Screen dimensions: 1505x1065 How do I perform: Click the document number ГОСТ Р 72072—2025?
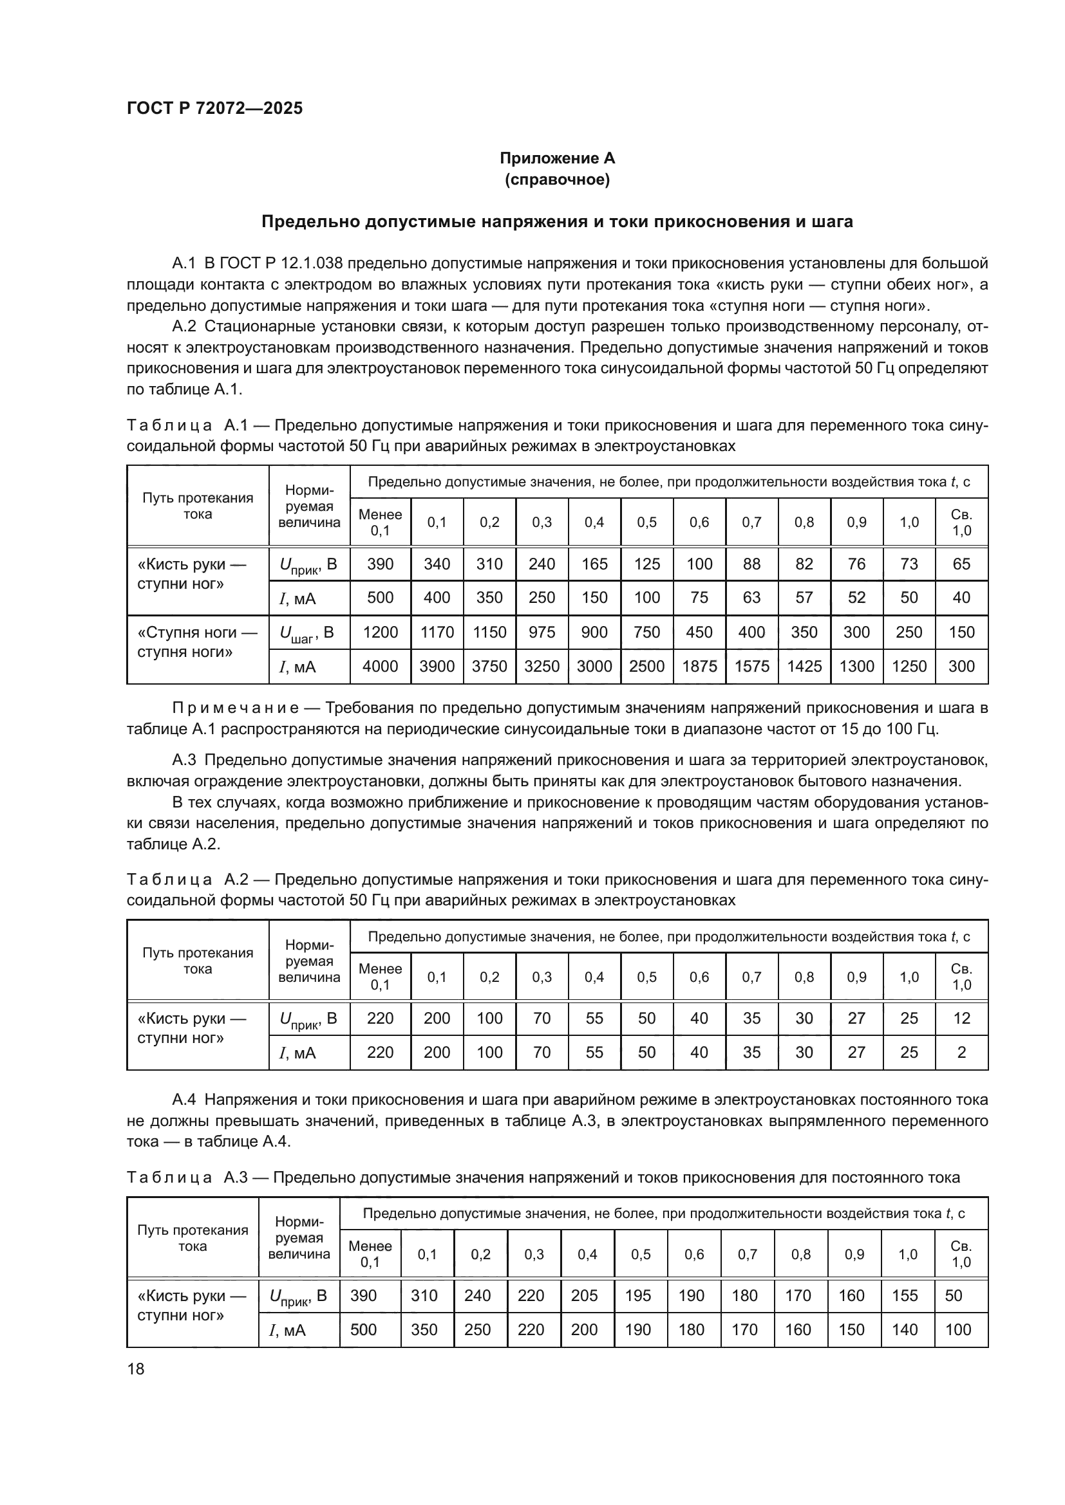pyautogui.click(x=214, y=108)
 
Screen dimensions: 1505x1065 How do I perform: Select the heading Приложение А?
pyautogui.click(x=557, y=158)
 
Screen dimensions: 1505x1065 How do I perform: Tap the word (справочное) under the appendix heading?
pyautogui.click(x=557, y=180)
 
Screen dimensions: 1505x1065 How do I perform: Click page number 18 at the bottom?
pyautogui.click(x=135, y=1369)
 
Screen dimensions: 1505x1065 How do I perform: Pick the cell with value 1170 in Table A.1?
pyautogui.click(x=437, y=632)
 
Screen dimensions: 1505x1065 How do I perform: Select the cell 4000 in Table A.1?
pyautogui.click(x=380, y=666)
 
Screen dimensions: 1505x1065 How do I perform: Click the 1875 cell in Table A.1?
pyautogui.click(x=699, y=666)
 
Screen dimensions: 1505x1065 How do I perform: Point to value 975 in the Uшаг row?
pyautogui.click(x=542, y=632)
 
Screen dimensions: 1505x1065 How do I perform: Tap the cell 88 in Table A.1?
pyautogui.click(x=751, y=564)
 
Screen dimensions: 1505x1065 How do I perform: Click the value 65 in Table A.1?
pyautogui.click(x=961, y=564)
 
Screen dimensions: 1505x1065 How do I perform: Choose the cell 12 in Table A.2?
pyautogui.click(x=961, y=1018)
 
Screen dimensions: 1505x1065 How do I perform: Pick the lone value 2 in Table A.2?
pyautogui.click(x=961, y=1052)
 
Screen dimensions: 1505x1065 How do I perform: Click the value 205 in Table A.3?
pyautogui.click(x=584, y=1295)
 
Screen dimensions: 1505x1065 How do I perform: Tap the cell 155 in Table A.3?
pyautogui.click(x=905, y=1295)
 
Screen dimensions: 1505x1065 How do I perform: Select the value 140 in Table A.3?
pyautogui.click(x=905, y=1329)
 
